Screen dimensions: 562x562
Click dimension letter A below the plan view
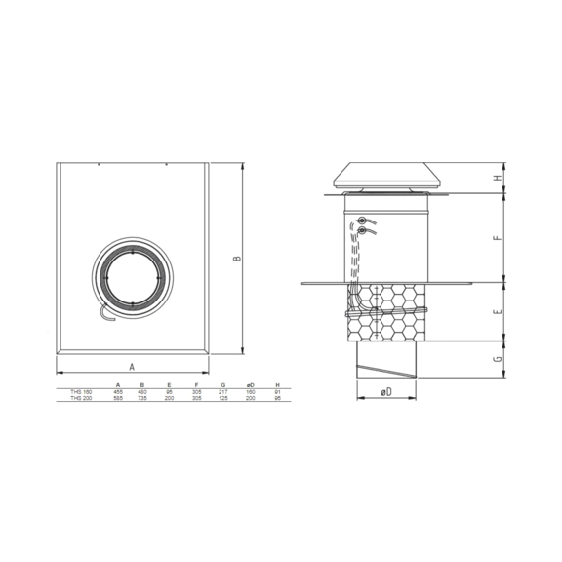click(x=132, y=365)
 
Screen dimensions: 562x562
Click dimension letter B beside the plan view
click(x=237, y=259)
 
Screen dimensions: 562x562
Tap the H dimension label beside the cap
click(x=497, y=179)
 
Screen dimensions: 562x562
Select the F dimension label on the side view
click(x=497, y=236)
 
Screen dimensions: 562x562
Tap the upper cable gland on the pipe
click(x=363, y=221)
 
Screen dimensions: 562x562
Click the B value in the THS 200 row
click(x=143, y=397)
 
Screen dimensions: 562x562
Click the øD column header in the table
click(x=250, y=385)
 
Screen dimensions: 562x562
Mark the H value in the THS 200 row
click(x=278, y=397)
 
